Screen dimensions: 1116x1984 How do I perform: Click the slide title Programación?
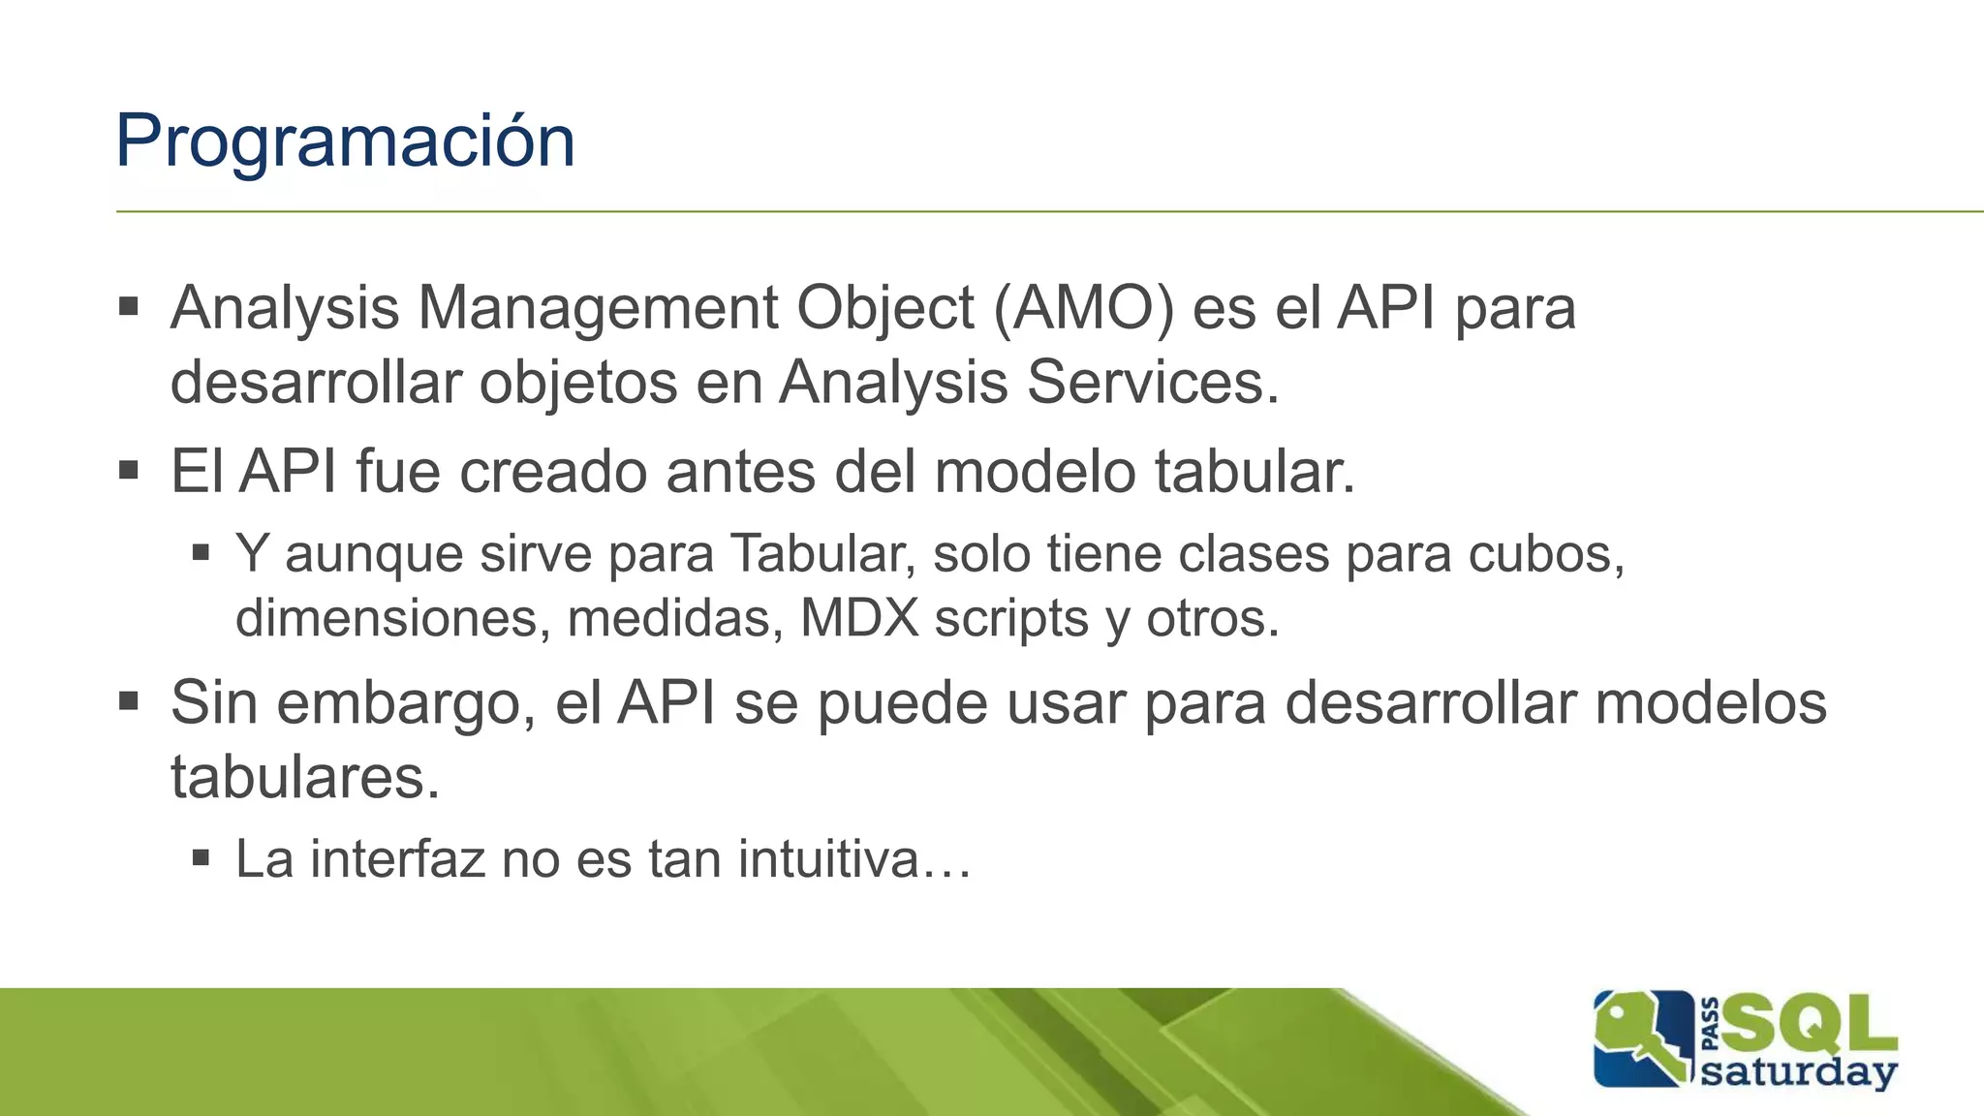345,141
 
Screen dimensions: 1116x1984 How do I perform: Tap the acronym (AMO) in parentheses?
1084,308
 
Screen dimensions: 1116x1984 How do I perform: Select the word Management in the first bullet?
597,308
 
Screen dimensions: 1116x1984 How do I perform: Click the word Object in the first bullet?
884,308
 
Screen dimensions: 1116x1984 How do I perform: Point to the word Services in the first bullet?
1152,382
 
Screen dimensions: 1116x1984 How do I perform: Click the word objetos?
578,382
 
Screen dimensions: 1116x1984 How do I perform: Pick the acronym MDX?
859,618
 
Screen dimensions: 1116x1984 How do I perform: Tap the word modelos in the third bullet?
1711,702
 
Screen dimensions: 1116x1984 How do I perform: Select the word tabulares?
305,776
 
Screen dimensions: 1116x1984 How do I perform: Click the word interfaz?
396,858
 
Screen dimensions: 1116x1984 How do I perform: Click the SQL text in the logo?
1810,1024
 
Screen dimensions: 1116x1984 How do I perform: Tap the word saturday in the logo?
1798,1072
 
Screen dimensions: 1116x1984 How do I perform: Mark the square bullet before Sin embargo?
128,700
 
